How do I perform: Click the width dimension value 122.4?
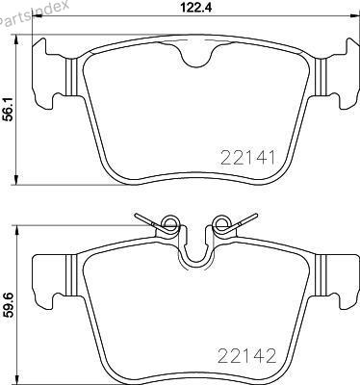[196, 8]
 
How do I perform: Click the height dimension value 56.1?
[10, 110]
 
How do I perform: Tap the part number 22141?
[248, 158]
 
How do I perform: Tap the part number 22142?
[247, 356]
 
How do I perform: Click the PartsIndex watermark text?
[33, 13]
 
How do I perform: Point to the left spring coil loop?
[170, 222]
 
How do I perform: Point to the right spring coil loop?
[221, 222]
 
